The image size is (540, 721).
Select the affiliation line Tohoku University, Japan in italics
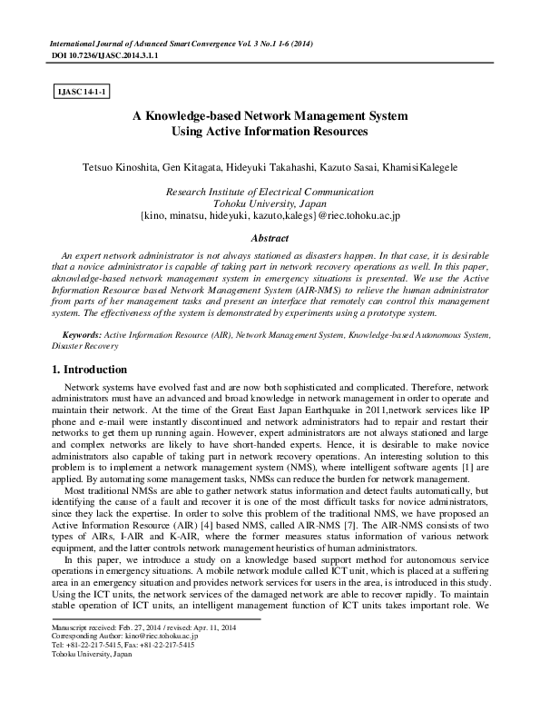coord(269,204)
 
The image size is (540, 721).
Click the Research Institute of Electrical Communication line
coord(269,192)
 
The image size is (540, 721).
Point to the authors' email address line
coord(269,217)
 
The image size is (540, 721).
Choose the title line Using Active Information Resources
coord(269,133)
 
